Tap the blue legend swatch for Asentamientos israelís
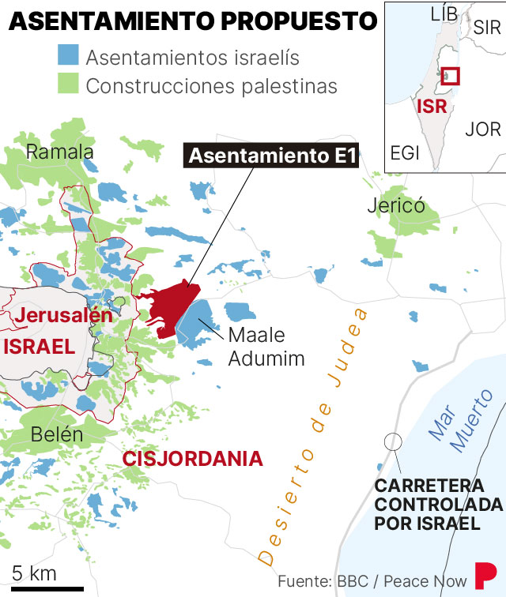(x=67, y=58)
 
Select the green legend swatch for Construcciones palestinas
(x=67, y=84)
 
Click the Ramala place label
(x=60, y=152)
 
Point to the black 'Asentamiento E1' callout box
(x=271, y=156)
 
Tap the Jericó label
(x=396, y=206)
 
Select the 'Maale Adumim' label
(x=266, y=347)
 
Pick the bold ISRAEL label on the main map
(x=39, y=346)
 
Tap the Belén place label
(x=57, y=434)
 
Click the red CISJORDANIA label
(x=192, y=458)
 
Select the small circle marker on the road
(x=392, y=441)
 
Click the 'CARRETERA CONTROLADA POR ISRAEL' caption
(x=438, y=504)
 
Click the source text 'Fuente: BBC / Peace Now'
(x=372, y=581)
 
